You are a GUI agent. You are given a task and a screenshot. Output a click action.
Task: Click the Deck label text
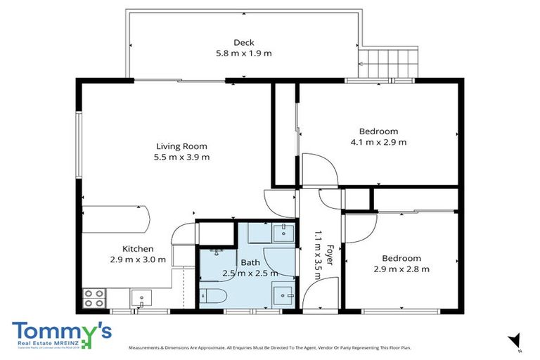(243, 42)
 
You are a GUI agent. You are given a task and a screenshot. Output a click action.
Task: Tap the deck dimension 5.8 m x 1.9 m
(243, 53)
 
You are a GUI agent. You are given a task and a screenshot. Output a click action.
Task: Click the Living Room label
(182, 146)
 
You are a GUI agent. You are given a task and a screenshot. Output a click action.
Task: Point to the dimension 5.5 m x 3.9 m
(182, 157)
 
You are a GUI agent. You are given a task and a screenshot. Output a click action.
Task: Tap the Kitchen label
(138, 249)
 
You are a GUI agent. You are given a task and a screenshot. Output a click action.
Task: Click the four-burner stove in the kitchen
(94, 298)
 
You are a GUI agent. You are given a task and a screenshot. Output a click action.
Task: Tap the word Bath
(250, 262)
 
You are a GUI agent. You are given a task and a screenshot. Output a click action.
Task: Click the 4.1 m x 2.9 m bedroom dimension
(378, 142)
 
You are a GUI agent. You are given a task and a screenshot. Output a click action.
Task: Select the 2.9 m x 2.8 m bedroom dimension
(401, 269)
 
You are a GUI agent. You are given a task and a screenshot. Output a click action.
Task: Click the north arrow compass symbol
(515, 340)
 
